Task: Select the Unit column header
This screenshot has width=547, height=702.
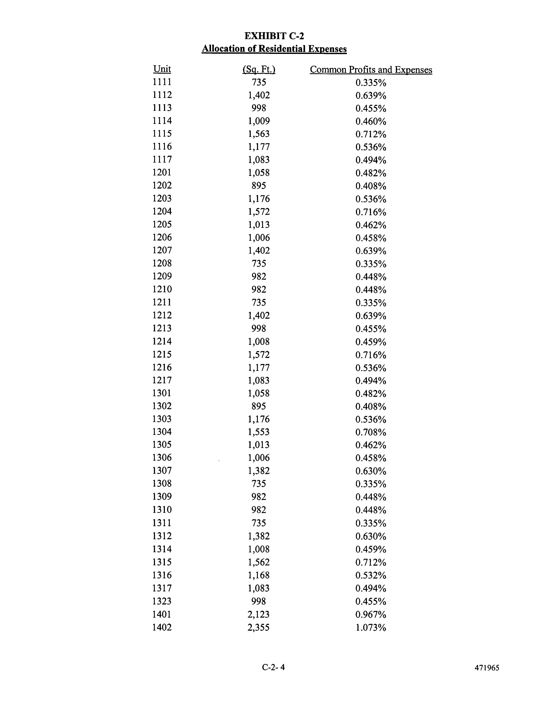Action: pos(162,69)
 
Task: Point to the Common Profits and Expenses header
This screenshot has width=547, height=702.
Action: pos(371,70)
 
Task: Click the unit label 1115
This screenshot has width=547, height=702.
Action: pos(162,134)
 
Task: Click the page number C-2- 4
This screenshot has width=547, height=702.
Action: pos(273,668)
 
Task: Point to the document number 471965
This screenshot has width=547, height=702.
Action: pos(487,668)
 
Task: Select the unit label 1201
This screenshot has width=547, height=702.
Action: pos(162,173)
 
